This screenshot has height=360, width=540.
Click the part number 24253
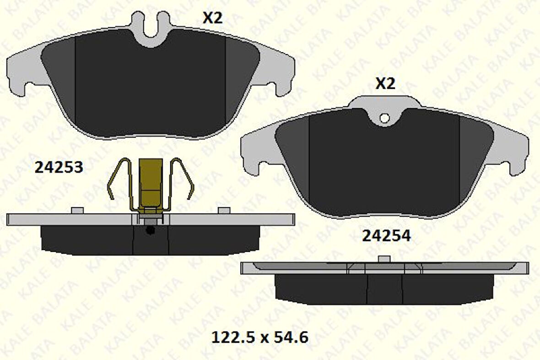coord(59,168)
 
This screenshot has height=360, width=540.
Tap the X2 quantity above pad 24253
coord(212,18)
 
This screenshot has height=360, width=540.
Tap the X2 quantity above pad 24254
coord(385,84)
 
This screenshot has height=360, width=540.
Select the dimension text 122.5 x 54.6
coord(259,338)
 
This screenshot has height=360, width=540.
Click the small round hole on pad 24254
coord(384,118)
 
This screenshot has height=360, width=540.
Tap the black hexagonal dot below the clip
coord(149,230)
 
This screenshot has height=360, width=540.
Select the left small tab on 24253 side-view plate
coord(78,210)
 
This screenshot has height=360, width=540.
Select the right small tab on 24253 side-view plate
coord(224,210)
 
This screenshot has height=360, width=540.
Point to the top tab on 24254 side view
coord(384,259)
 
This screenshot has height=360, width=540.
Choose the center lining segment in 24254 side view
coord(384,289)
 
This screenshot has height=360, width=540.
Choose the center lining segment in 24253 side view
coord(151,240)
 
